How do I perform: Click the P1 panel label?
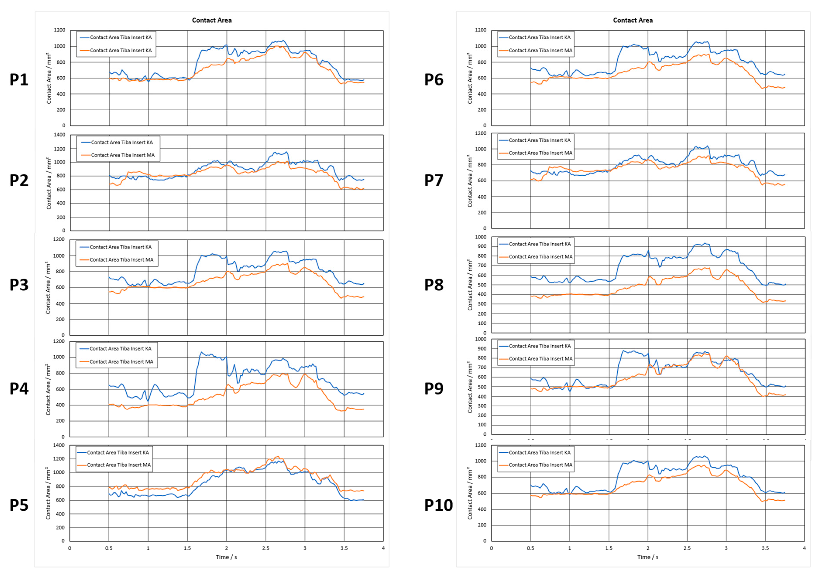pyautogui.click(x=19, y=80)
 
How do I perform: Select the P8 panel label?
pyautogui.click(x=434, y=285)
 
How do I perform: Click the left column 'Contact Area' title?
pyautogui.click(x=211, y=20)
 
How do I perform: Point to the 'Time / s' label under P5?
pyautogui.click(x=226, y=557)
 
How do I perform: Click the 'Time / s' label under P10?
pyautogui.click(x=648, y=557)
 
